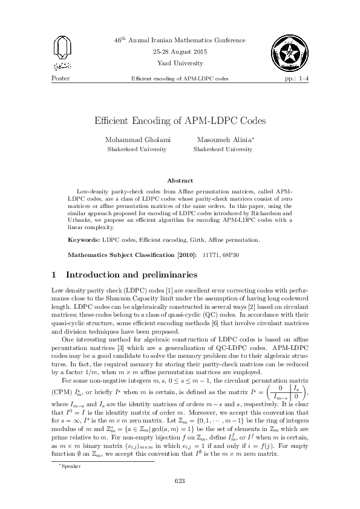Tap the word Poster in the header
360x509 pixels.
[x=62, y=79]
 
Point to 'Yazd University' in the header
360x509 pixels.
[x=180, y=62]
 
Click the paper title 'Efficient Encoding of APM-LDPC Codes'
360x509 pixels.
[x=180, y=120]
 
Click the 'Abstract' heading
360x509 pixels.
[x=180, y=180]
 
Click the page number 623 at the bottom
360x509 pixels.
[x=180, y=481]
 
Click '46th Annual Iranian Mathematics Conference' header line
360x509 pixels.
[x=180, y=39]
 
